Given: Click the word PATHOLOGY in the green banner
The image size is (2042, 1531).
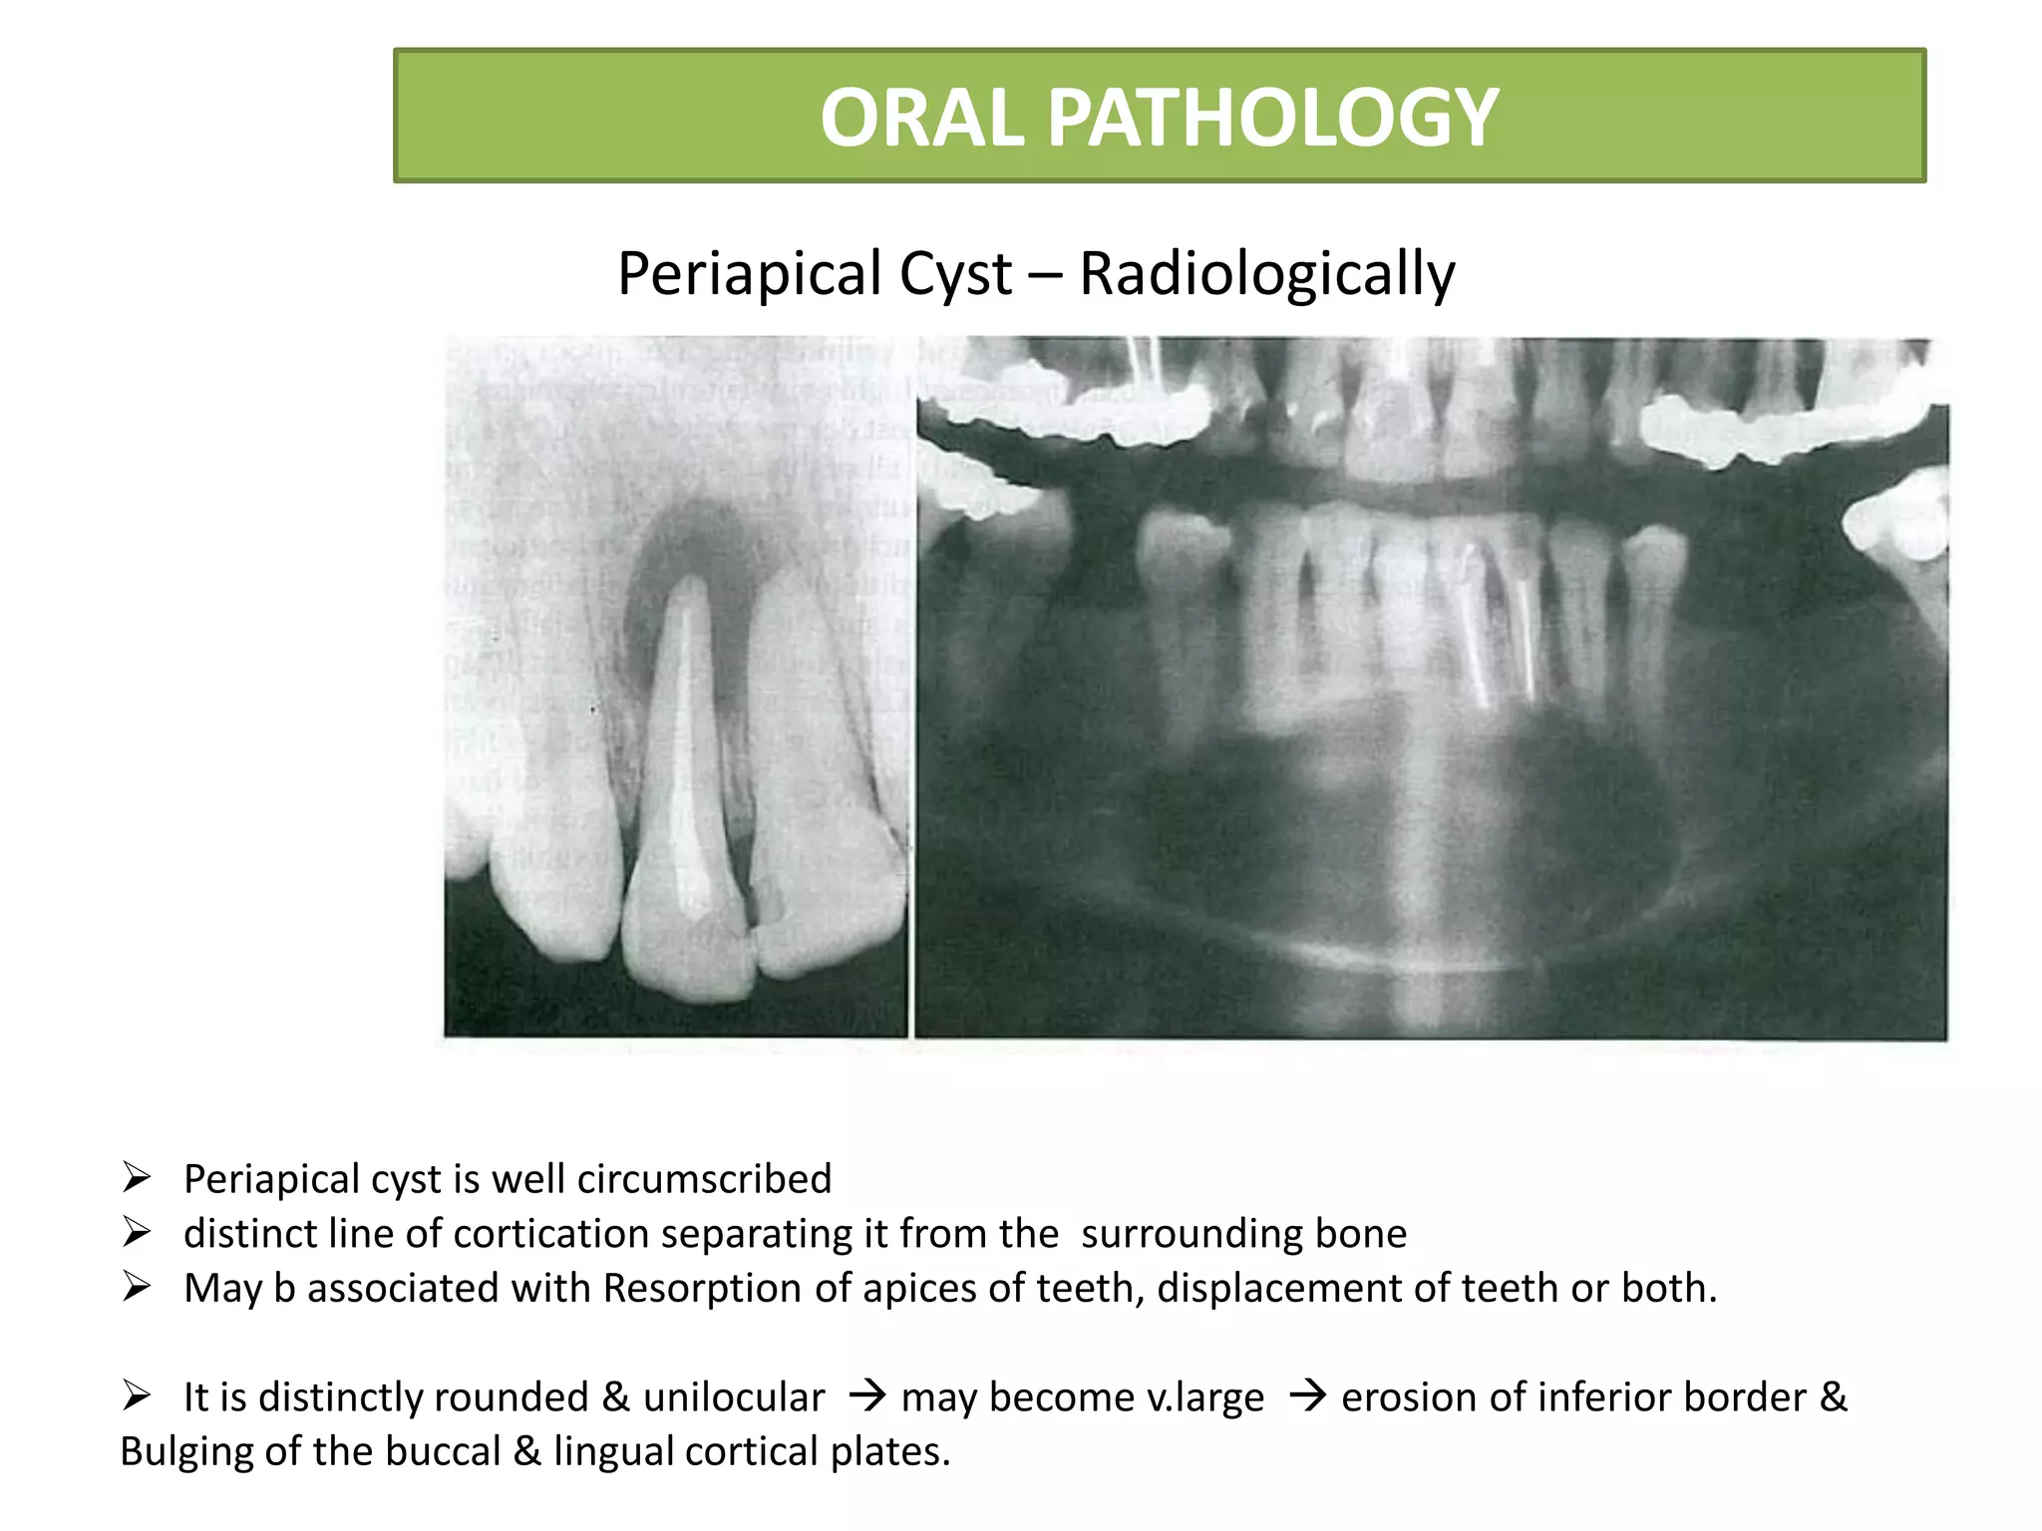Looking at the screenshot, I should [x=1271, y=118].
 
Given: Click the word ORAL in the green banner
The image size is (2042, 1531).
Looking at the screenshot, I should [x=922, y=118].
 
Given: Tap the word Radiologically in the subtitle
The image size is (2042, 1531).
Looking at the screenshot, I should [x=1266, y=274].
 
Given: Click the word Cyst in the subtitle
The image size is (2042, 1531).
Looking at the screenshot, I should [x=955, y=274].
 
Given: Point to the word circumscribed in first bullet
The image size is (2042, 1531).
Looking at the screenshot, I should [x=704, y=1179].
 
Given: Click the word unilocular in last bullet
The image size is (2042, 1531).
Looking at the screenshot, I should [x=734, y=1397].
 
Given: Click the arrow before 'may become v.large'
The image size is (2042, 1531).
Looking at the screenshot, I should [x=866, y=1396].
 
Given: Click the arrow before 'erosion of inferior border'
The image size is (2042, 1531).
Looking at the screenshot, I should [x=1306, y=1396].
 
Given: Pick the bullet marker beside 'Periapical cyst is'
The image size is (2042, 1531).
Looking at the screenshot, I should [x=136, y=1178].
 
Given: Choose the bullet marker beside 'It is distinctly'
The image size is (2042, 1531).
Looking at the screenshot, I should [x=136, y=1395].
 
